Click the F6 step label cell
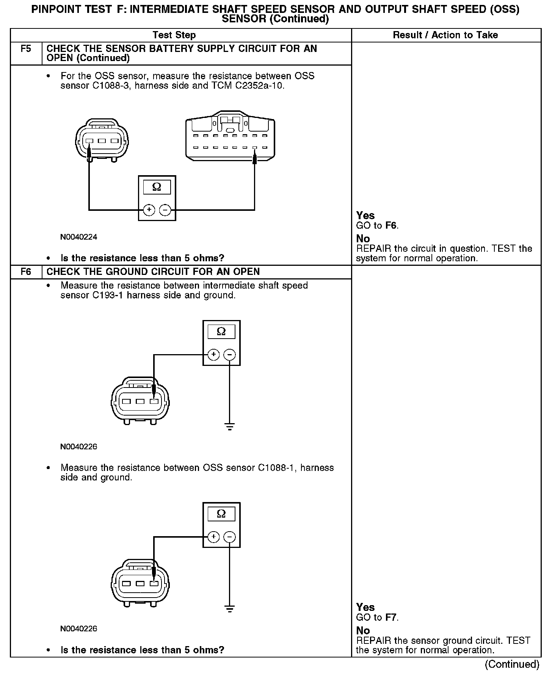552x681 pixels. click(x=26, y=272)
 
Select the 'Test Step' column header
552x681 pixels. click(x=174, y=35)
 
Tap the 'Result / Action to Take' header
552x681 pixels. click(x=445, y=35)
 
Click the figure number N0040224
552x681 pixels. click(x=79, y=237)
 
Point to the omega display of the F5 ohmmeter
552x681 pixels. click(x=157, y=187)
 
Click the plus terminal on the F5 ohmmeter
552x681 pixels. click(x=149, y=210)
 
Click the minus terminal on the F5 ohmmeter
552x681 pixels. click(x=165, y=210)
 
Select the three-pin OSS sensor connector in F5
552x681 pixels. click(x=102, y=141)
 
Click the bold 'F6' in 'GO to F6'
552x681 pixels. click(x=391, y=226)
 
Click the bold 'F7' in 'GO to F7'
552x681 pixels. click(x=391, y=618)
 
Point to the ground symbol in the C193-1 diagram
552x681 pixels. click(x=229, y=427)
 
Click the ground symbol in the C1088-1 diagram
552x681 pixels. click(x=229, y=609)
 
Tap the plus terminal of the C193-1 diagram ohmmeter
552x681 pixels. click(x=213, y=355)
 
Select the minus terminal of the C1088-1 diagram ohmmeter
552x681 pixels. click(x=229, y=537)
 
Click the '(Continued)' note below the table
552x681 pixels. click(x=512, y=664)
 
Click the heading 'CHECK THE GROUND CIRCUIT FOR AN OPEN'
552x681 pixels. click(x=153, y=272)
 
